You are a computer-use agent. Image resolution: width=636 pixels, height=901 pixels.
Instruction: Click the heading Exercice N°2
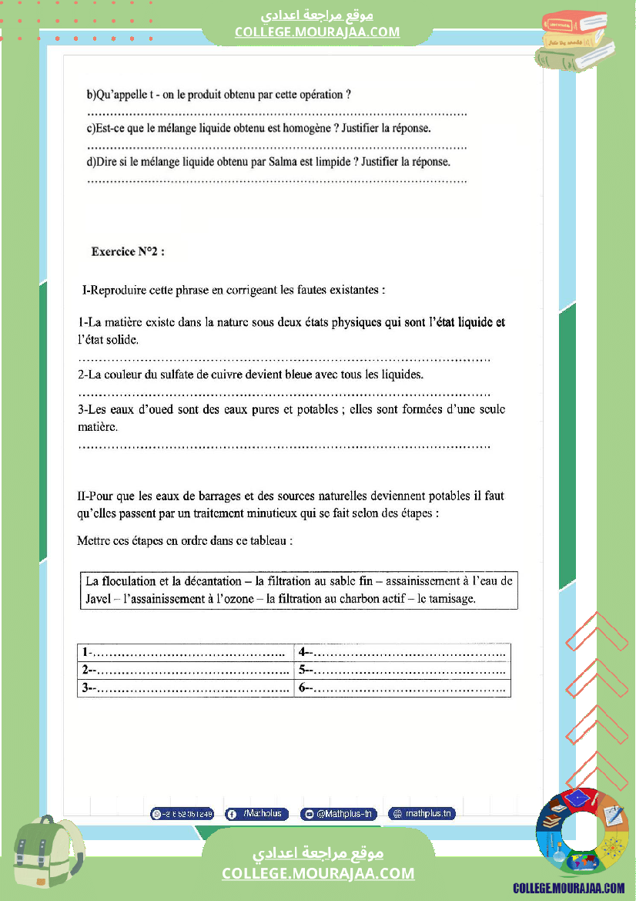tap(128, 251)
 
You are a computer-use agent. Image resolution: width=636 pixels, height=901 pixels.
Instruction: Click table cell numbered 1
tap(186, 653)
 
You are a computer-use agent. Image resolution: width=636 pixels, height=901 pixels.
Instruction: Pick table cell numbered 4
tap(402, 653)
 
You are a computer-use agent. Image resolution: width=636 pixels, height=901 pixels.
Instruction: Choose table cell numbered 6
tap(402, 688)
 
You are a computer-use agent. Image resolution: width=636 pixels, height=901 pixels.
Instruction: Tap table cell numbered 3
tap(186, 688)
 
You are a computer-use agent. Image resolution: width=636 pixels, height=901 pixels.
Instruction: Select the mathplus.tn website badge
tap(422, 813)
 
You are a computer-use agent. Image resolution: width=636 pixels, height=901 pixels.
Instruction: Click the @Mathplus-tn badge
tap(339, 814)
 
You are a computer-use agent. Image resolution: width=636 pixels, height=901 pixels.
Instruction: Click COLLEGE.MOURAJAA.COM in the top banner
tap(317, 32)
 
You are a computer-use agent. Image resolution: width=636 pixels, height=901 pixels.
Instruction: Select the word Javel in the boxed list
tap(98, 598)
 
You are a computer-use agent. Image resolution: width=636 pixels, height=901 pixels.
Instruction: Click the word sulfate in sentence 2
tap(181, 375)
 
